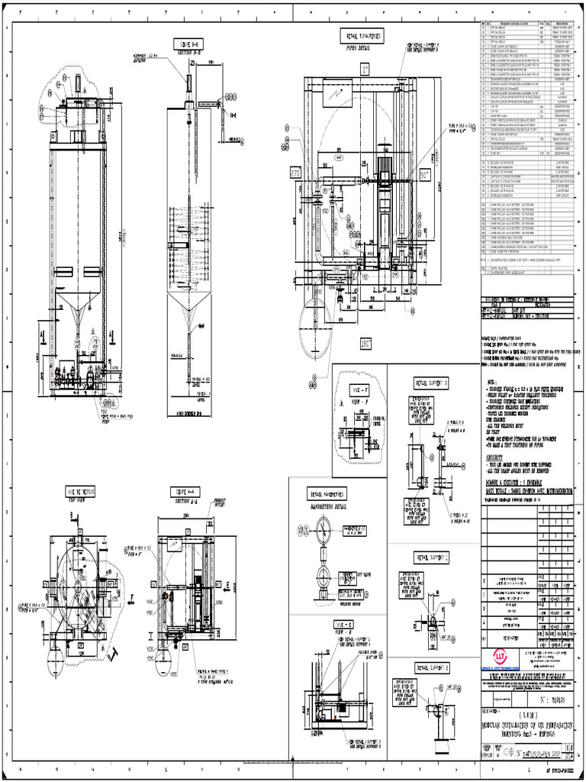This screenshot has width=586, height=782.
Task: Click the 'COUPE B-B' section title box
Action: click(x=186, y=43)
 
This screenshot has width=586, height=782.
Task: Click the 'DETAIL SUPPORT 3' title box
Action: click(x=431, y=381)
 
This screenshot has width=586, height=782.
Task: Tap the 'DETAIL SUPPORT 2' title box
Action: click(x=432, y=667)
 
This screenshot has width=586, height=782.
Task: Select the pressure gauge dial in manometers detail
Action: click(x=322, y=531)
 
